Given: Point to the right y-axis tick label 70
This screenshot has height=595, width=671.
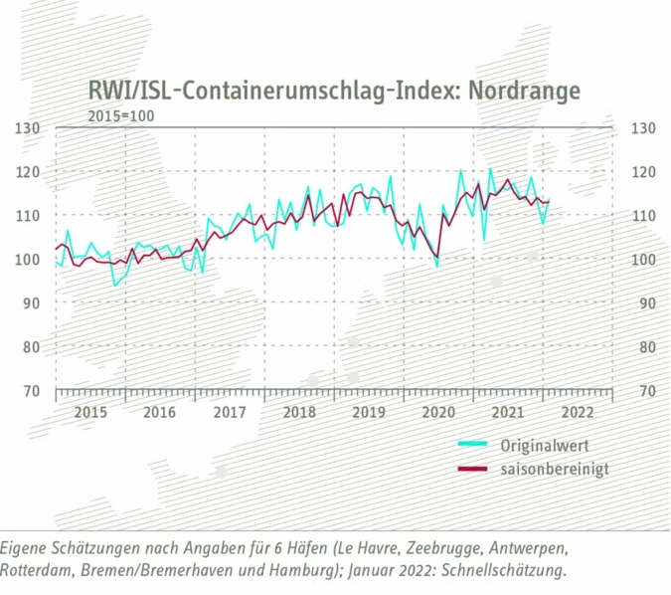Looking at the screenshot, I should pos(641,391).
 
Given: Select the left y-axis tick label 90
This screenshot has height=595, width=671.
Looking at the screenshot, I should pos(30,303).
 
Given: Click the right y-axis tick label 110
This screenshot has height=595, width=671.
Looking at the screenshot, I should pos(641,216).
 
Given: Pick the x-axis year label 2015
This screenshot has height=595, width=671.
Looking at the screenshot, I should pos(90,412).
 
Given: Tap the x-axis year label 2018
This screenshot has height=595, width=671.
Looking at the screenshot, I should pos(299,412).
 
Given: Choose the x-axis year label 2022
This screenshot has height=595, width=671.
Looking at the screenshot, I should pos(578,412).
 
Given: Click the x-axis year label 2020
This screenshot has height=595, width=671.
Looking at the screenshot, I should pos(438,412).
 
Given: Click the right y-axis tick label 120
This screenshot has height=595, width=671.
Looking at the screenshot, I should pos(641,172).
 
